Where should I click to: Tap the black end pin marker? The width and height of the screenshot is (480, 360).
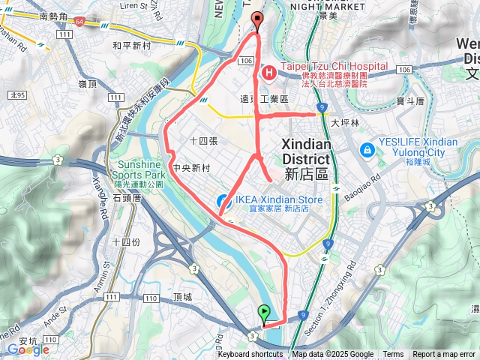tap(258, 21)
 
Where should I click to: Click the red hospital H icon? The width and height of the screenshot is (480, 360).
tap(268, 73)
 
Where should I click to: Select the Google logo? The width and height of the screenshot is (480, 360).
tap(28, 349)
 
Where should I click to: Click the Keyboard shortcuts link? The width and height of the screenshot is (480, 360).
tap(250, 355)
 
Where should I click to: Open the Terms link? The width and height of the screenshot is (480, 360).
tap(393, 355)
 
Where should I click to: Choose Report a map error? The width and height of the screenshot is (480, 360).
tap(444, 355)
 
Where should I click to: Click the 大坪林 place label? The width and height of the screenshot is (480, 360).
tap(345, 121)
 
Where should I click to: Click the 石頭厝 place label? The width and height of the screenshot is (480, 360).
tap(127, 197)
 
